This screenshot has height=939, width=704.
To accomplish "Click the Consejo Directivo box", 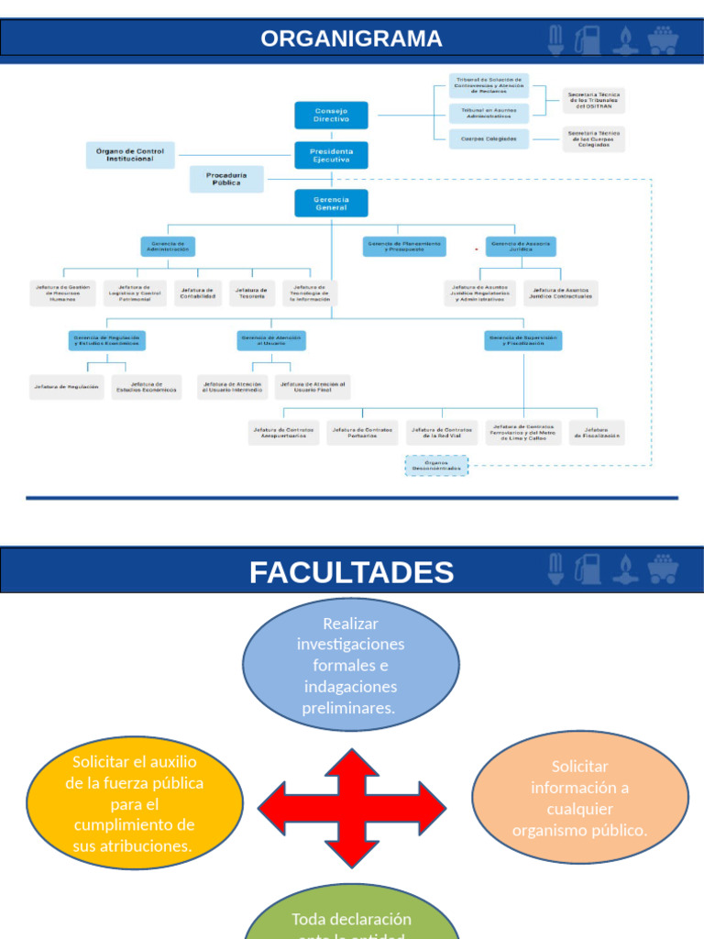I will [x=331, y=116].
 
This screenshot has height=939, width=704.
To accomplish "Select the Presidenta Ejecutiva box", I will [x=331, y=155].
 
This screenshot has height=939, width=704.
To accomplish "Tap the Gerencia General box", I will [x=331, y=204].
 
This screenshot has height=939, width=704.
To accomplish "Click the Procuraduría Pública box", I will [x=225, y=179].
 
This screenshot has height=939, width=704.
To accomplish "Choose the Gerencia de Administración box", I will [x=169, y=247].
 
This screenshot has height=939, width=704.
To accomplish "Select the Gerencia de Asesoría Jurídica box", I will [x=520, y=247].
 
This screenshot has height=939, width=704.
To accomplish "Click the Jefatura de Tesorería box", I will [x=252, y=293].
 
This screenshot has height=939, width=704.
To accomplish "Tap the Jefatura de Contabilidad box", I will [x=198, y=293].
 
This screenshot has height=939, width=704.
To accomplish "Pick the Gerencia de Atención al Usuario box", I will [x=271, y=341].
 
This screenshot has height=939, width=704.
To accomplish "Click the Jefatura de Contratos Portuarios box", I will [x=362, y=433].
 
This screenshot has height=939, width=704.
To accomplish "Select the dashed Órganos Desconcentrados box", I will [x=436, y=466].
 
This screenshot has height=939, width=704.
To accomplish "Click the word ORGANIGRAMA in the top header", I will [x=351, y=39].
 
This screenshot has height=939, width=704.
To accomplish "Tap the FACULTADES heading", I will [x=351, y=572].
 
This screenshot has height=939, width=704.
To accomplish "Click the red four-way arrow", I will [x=351, y=808].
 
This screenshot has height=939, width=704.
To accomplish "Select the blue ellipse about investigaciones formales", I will [x=351, y=665].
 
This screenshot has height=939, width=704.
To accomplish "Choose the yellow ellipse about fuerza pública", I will [x=135, y=803].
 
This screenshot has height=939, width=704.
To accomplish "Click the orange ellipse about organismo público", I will [x=579, y=798].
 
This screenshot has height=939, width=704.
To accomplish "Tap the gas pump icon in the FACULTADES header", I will [x=587, y=569].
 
